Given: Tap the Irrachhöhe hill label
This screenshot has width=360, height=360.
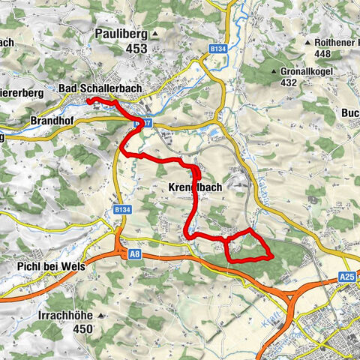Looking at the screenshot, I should pos(66,316).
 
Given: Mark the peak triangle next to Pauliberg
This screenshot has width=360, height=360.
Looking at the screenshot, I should pos(154,34).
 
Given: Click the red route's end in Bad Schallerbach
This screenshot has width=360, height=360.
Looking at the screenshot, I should pos(88,100).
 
